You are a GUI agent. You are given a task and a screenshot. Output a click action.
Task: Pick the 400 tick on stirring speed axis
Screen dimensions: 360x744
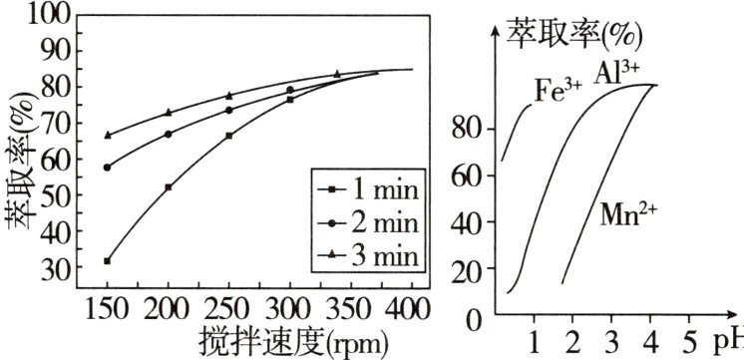click(x=411, y=307)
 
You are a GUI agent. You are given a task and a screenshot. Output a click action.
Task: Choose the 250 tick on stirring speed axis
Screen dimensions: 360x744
click(x=228, y=307)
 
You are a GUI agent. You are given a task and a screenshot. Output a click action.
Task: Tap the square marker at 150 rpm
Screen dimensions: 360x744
click(x=107, y=261)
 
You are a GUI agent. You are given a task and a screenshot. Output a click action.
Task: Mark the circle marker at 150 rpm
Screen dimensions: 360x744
click(x=107, y=168)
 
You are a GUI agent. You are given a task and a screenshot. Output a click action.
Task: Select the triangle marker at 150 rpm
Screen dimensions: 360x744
click(x=107, y=135)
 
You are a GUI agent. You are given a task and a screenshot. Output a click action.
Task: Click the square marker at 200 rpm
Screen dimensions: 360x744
click(x=168, y=187)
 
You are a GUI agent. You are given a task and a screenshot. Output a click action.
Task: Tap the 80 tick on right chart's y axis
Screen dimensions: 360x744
click(x=470, y=129)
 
